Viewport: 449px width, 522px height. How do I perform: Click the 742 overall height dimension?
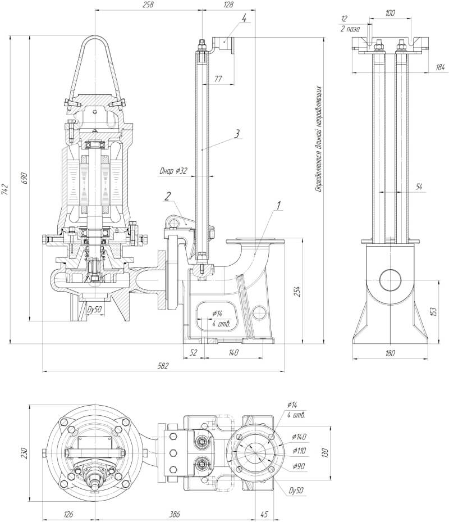tap(5, 189)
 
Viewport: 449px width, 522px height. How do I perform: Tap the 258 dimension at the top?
tap(148, 4)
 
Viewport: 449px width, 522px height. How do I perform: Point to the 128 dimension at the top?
tap(228, 4)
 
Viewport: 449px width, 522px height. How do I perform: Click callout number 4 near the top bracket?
tap(244, 18)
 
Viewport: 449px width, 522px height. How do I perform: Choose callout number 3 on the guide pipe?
tap(237, 134)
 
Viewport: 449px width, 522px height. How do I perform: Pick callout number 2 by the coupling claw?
tap(167, 196)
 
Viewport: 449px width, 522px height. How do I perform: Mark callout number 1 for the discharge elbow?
tap(278, 205)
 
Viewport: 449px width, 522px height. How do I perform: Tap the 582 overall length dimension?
tap(163, 365)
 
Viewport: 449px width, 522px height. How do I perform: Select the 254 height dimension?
tap(298, 291)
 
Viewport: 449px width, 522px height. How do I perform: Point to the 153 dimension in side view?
tap(433, 311)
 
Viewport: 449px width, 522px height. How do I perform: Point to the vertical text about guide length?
tap(318, 139)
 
